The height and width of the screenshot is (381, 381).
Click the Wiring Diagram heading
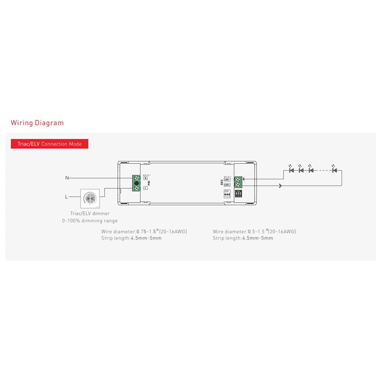pos(37,123)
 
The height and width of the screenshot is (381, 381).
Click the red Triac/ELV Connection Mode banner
pos(49,144)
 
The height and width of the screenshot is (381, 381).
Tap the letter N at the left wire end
pos(67,178)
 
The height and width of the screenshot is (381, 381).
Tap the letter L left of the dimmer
pos(67,197)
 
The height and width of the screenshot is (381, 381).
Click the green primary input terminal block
pos(137,182)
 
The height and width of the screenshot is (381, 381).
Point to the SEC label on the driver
pos(221,183)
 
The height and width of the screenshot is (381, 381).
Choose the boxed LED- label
pos(227,179)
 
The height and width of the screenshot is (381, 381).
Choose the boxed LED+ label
pos(227,185)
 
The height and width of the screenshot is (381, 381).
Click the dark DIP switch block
pos(239,195)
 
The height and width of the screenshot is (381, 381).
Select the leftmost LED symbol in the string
pos(291,170)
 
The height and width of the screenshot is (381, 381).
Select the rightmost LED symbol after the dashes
pos(334,170)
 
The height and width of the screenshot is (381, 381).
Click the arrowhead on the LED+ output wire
pos(280,186)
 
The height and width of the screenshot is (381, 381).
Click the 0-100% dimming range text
pos(90,221)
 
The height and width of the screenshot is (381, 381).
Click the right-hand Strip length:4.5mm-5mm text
pos(243,238)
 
